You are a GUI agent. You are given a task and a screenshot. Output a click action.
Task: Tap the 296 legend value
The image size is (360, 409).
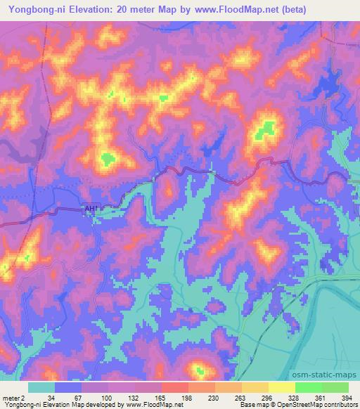[247, 397]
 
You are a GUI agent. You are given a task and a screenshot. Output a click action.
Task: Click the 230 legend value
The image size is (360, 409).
[193, 397]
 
